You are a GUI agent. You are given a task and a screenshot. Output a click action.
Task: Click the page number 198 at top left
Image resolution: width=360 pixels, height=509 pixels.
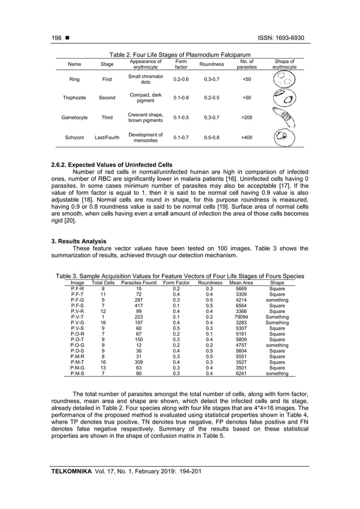point(56,38)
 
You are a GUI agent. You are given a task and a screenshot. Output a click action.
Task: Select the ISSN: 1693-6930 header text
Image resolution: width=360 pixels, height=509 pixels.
point(280,38)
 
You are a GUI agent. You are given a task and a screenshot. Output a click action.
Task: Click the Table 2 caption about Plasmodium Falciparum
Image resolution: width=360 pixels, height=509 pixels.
point(180,55)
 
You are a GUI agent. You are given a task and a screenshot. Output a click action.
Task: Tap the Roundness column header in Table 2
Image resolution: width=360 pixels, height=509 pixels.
point(213,64)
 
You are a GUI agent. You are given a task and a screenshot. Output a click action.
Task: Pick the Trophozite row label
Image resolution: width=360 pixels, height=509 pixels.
point(74,98)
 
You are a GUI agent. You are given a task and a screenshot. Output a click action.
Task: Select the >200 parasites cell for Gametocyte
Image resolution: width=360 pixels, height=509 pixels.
point(247,118)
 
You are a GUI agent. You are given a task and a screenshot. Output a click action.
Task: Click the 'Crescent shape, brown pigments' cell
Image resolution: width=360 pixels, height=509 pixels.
point(145,117)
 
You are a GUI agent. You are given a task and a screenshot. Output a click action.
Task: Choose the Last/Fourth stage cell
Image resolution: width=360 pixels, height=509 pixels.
point(107,137)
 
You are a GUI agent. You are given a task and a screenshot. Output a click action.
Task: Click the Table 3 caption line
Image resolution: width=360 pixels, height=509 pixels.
point(179,276)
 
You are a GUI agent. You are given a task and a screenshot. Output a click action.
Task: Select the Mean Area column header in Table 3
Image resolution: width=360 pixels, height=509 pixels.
point(241,282)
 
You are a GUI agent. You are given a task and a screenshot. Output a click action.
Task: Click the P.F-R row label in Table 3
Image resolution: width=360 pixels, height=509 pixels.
point(78,288)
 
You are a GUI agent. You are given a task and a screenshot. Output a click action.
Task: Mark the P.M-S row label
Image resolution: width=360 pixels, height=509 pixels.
point(78,374)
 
